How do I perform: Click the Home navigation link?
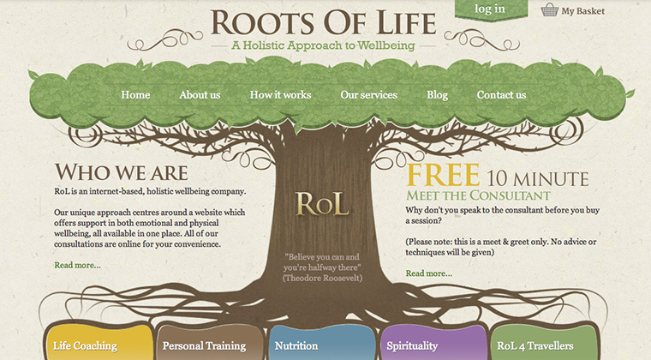[x=135, y=95]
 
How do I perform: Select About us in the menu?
[x=200, y=95]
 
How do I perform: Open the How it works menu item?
[x=280, y=95]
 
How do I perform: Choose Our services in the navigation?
[x=368, y=95]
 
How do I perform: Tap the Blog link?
[x=437, y=95]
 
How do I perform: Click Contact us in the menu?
[x=501, y=95]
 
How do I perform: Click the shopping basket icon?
[x=549, y=10]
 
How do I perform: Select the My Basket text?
[x=582, y=11]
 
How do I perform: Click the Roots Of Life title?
[x=323, y=21]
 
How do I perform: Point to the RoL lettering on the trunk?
[x=322, y=204]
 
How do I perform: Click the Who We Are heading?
[x=121, y=171]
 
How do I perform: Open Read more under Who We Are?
[x=77, y=265]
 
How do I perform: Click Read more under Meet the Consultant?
[x=429, y=273]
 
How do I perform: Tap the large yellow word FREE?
[x=443, y=175]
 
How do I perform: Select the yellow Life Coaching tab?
[x=85, y=345]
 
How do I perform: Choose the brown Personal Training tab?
[x=204, y=345]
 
